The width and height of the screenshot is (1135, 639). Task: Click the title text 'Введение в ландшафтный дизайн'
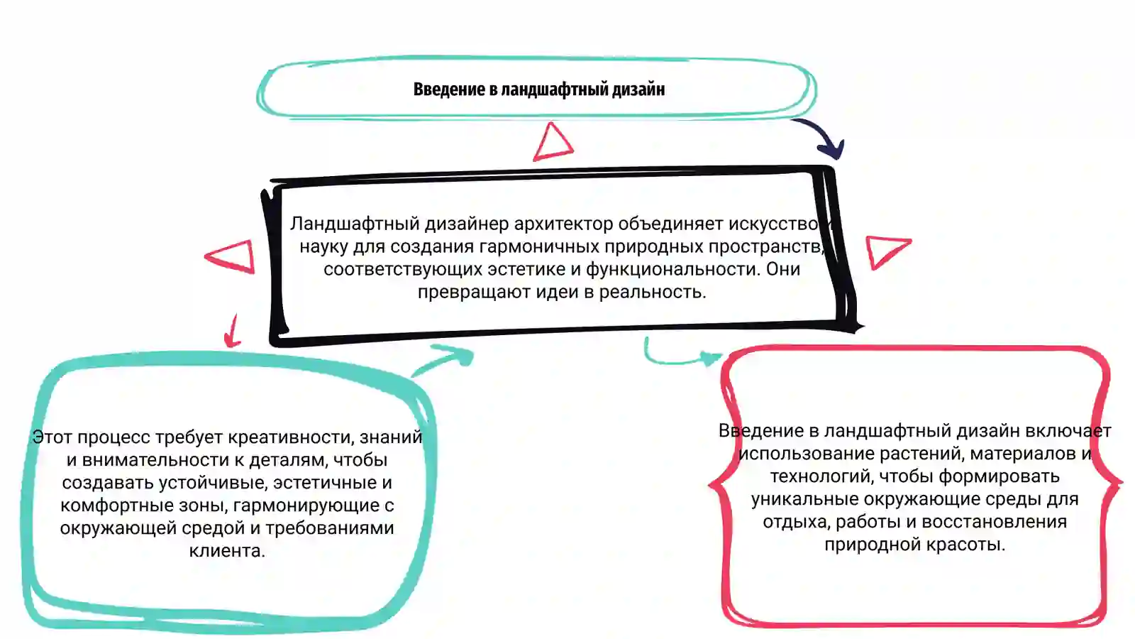click(x=539, y=89)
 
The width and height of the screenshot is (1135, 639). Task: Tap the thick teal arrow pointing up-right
click(x=445, y=359)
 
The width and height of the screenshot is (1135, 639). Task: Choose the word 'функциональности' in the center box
click(x=673, y=269)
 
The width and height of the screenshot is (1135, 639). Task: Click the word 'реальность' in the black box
click(x=653, y=292)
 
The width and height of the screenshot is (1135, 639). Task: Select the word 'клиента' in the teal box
click(x=227, y=551)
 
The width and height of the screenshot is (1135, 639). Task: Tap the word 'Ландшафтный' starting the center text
click(x=355, y=224)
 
